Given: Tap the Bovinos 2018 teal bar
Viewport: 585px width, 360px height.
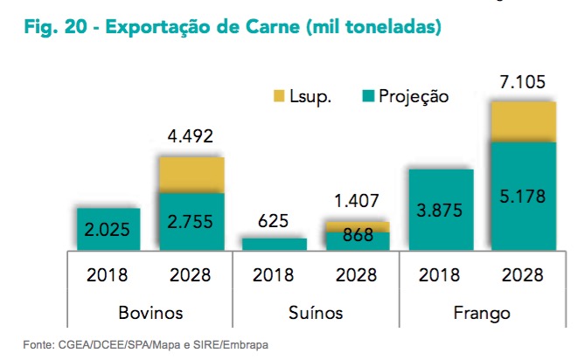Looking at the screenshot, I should pos(108,229).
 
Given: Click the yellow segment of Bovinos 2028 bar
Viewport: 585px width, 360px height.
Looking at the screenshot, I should pos(191,175).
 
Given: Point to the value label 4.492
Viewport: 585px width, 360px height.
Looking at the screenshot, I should pos(191,137).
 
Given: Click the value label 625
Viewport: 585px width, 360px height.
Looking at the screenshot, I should pos(273,222).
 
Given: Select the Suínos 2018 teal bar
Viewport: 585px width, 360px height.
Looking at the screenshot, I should pos(273,244).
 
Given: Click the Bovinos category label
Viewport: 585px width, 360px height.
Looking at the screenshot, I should pos(150,312).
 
